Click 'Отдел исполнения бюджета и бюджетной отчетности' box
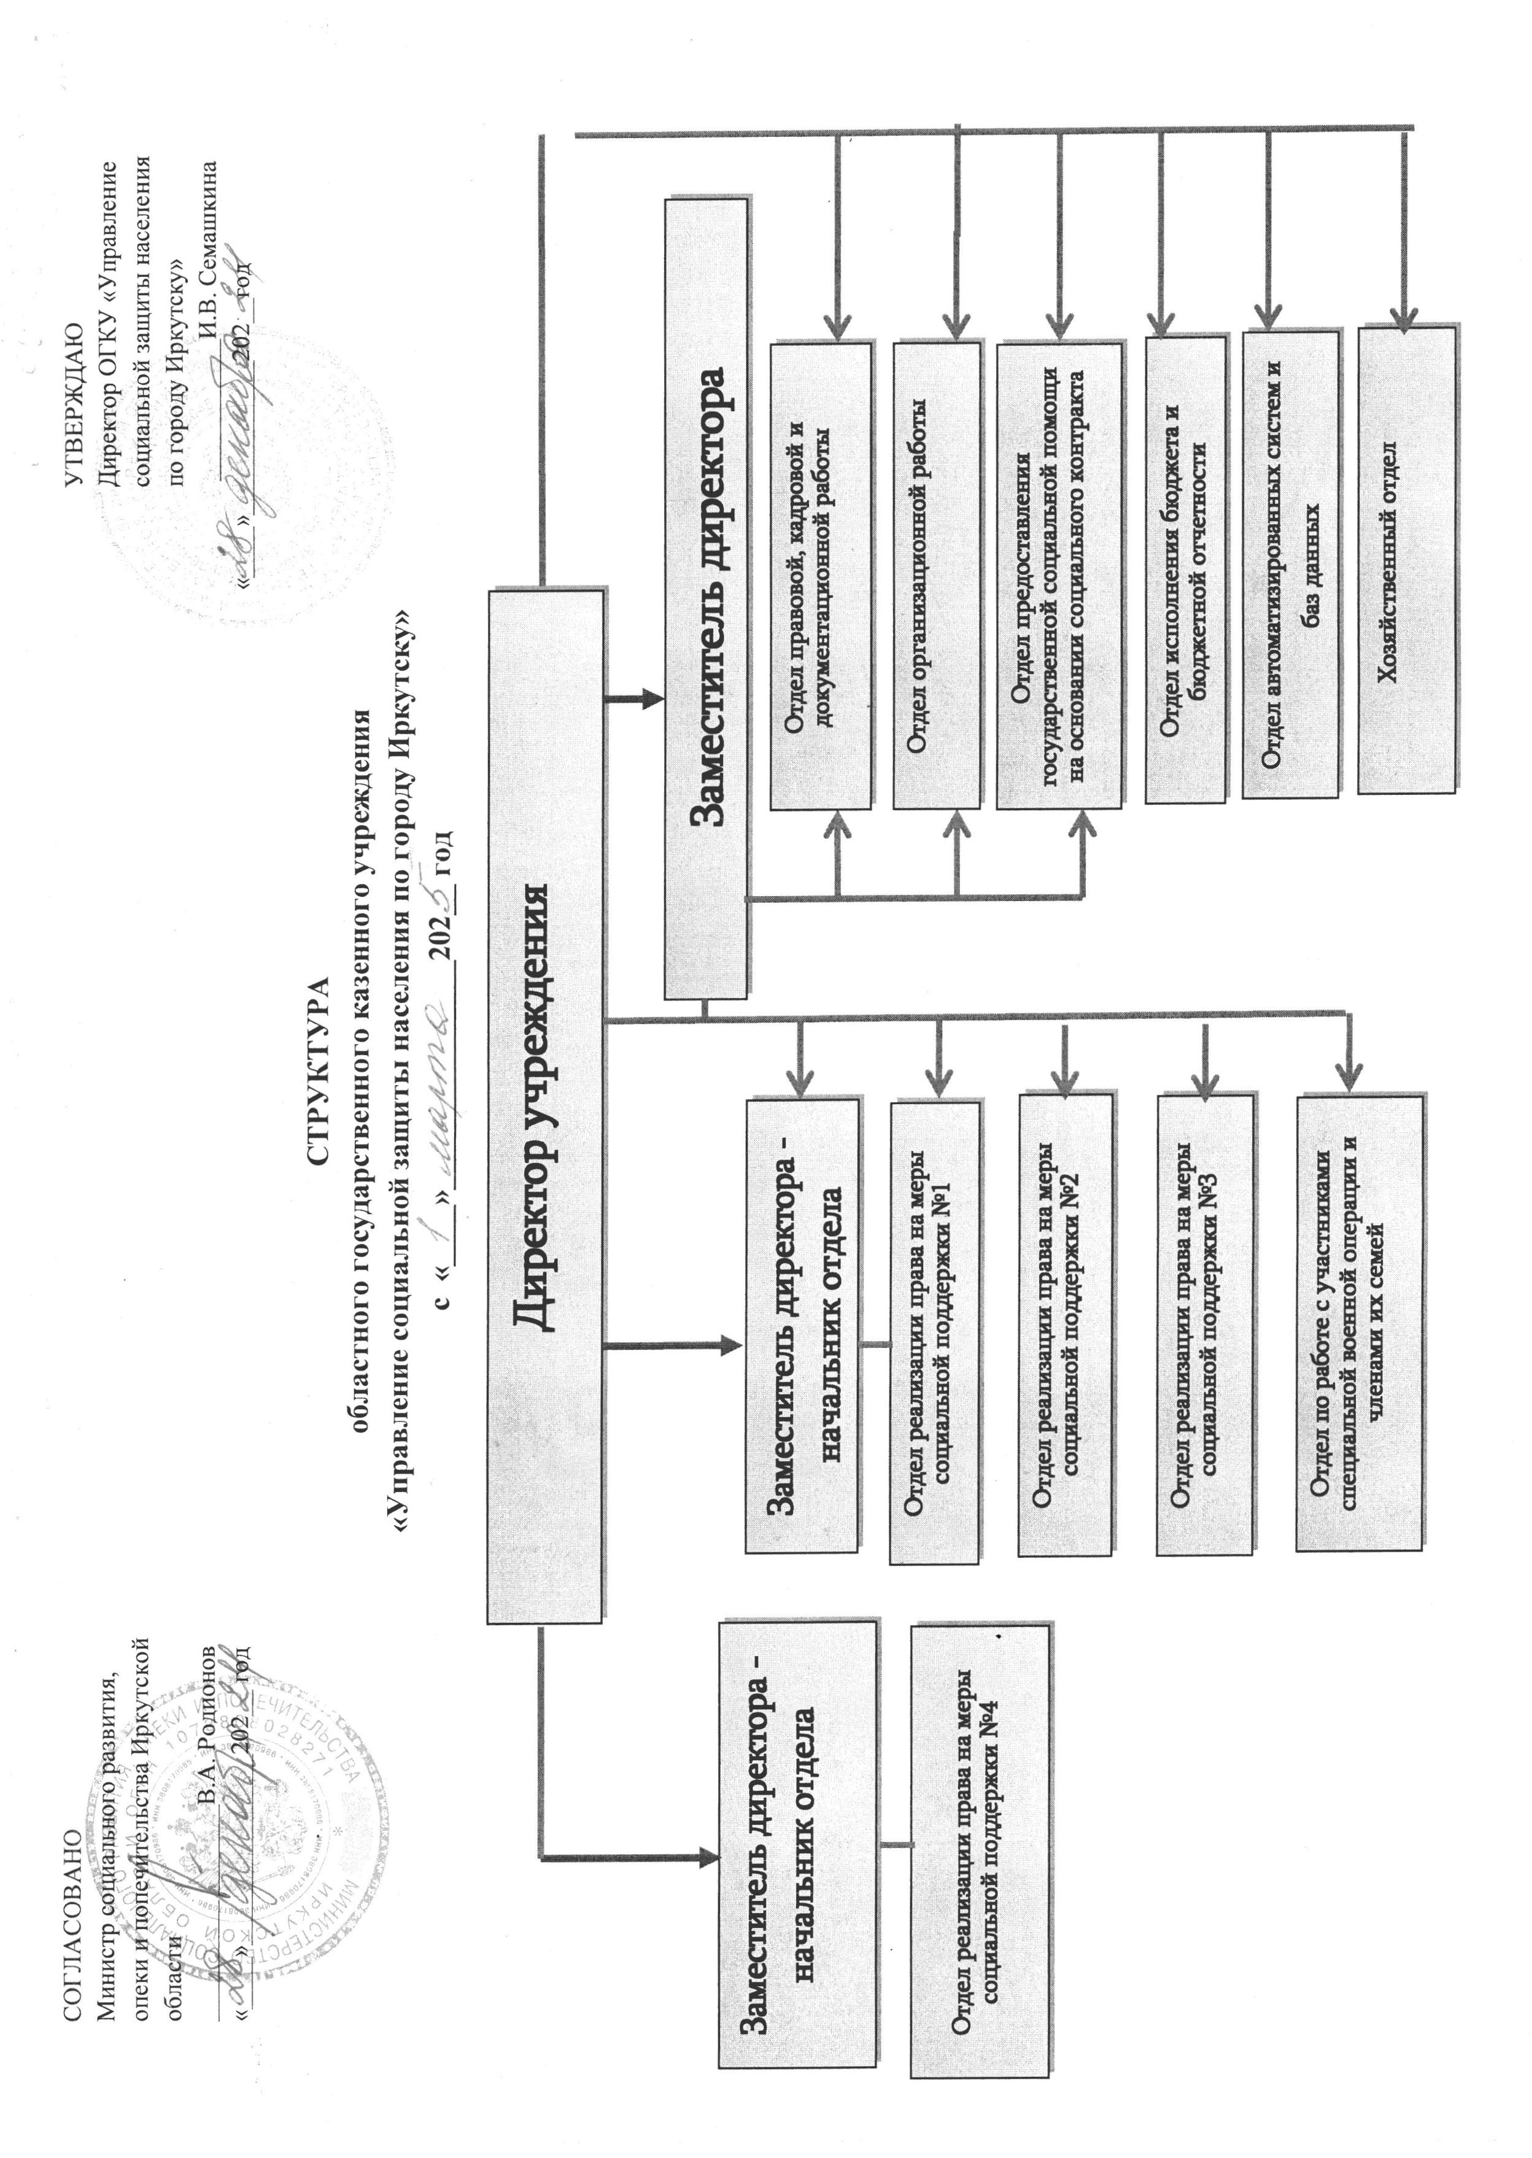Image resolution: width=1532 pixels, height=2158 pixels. pyautogui.click(x=1185, y=571)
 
